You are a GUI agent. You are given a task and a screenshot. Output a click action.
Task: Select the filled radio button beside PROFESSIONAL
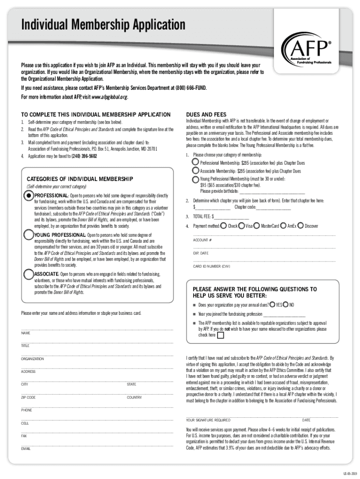tap(29, 195)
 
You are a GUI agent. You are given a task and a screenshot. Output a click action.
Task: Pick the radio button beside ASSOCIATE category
tap(29, 274)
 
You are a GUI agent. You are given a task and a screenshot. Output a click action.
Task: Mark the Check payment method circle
tap(223, 226)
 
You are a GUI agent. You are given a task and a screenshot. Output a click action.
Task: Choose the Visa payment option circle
tap(241, 226)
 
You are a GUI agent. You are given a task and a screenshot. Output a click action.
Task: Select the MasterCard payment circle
tap(256, 226)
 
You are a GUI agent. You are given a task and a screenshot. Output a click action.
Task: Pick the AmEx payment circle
tap(283, 226)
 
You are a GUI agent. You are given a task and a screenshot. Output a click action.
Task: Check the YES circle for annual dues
tap(272, 305)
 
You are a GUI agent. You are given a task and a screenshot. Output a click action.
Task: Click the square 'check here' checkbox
tap(221, 335)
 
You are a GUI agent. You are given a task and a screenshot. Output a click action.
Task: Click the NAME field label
tap(26, 333)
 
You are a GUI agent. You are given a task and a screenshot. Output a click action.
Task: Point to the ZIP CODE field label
tap(28, 397)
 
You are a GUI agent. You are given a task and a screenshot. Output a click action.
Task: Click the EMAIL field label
tap(26, 449)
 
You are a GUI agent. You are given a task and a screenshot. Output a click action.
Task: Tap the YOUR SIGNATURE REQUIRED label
tap(208, 420)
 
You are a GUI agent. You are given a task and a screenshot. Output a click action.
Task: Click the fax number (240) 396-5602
tap(84, 156)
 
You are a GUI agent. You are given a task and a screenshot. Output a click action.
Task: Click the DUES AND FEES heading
tap(206, 114)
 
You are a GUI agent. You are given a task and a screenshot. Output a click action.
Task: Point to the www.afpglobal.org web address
tap(108, 97)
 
